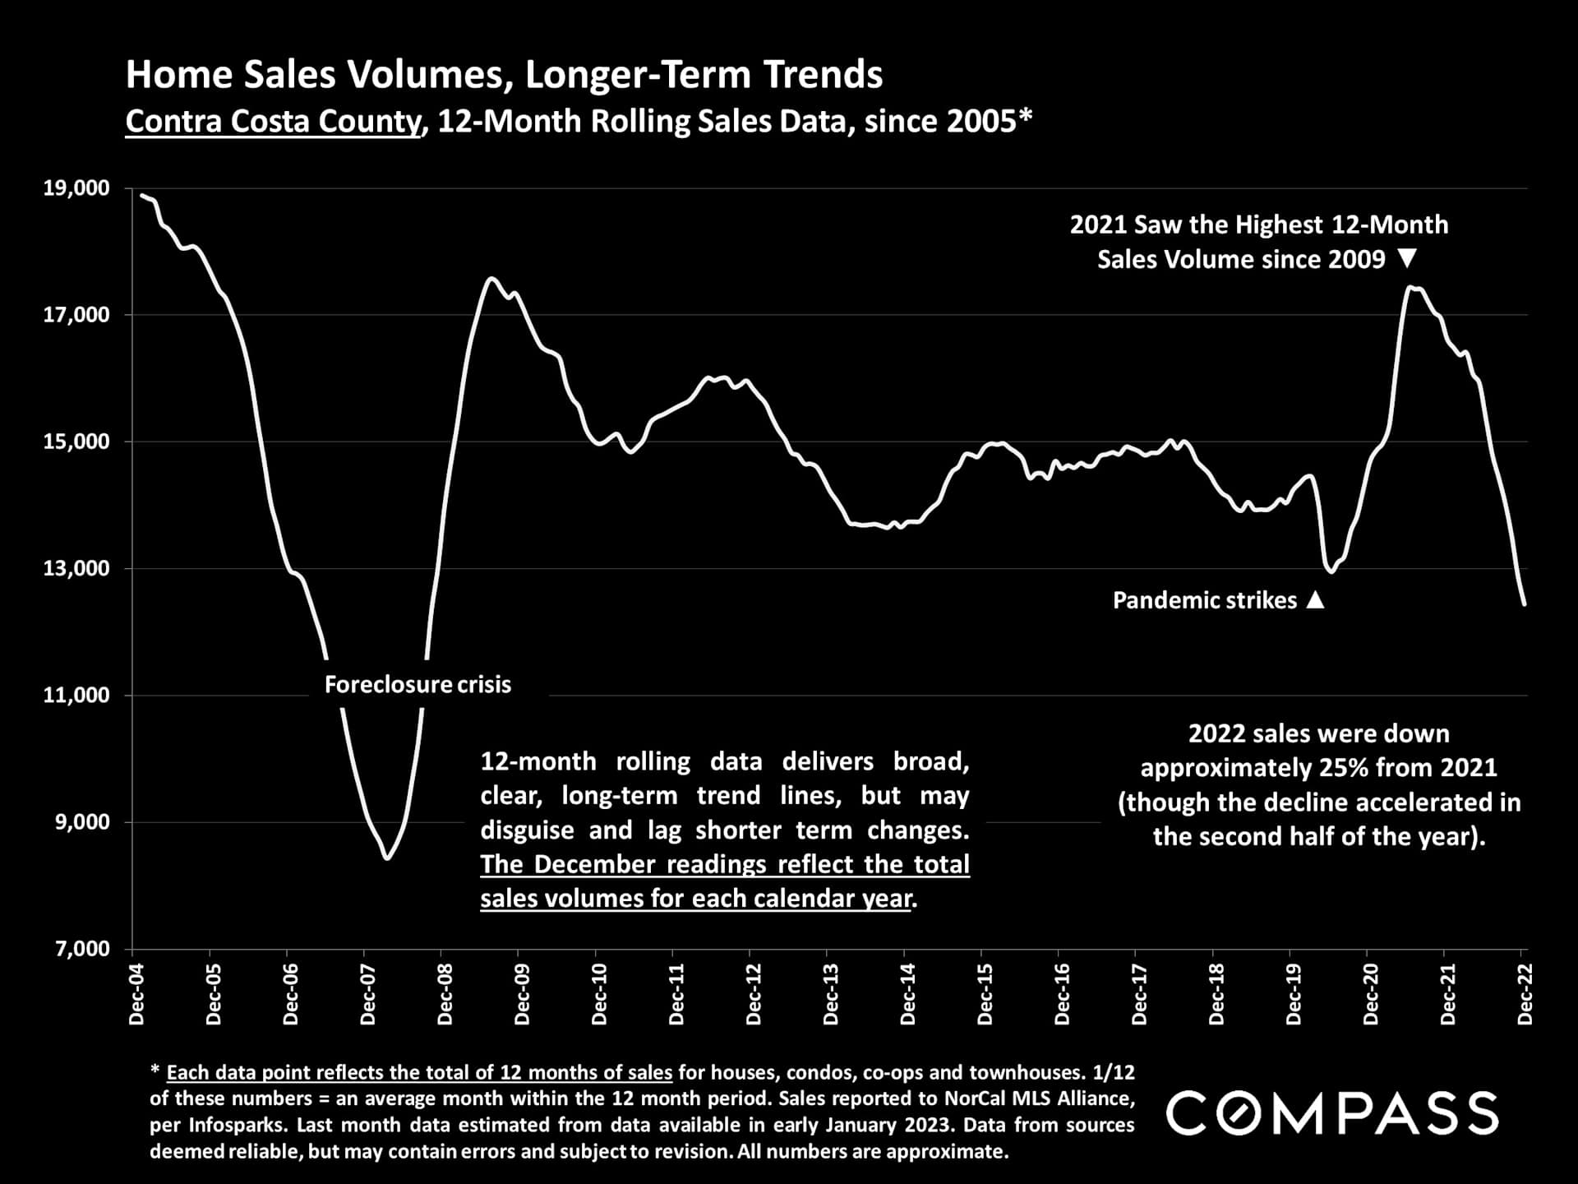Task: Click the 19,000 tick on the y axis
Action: pyautogui.click(x=76, y=188)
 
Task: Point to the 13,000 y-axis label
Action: pyautogui.click(x=76, y=568)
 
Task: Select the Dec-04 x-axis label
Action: pyautogui.click(x=136, y=994)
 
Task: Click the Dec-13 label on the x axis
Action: pyautogui.click(x=830, y=994)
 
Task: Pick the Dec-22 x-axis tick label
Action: pyautogui.click(x=1525, y=994)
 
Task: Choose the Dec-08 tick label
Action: pyautogui.click(x=445, y=994)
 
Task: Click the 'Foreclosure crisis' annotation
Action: pyautogui.click(x=418, y=684)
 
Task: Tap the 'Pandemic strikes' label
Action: pyautogui.click(x=1204, y=600)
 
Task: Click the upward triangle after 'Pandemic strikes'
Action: pyautogui.click(x=1315, y=599)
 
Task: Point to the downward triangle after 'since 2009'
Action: pyautogui.click(x=1407, y=259)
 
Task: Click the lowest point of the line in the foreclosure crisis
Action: pyautogui.click(x=387, y=858)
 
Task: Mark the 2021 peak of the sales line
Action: pyautogui.click(x=1409, y=287)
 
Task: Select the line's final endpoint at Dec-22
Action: pyautogui.click(x=1525, y=604)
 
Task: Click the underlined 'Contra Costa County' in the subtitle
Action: pyautogui.click(x=272, y=122)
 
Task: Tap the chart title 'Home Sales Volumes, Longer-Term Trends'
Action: pyautogui.click(x=504, y=75)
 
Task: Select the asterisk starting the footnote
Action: pyautogui.click(x=155, y=1071)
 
